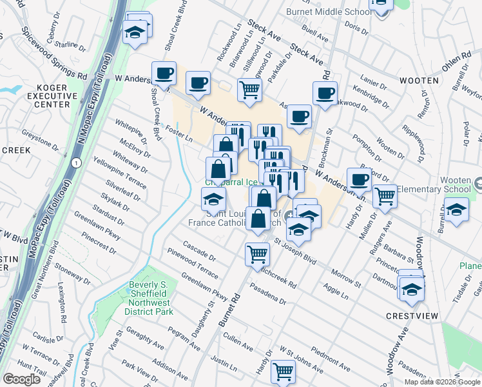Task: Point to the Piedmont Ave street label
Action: (x=330, y=360)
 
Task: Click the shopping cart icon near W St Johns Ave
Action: (x=284, y=372)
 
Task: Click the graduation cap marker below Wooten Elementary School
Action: (x=456, y=211)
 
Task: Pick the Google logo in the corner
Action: (x=21, y=379)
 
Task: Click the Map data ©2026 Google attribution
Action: (x=442, y=382)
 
